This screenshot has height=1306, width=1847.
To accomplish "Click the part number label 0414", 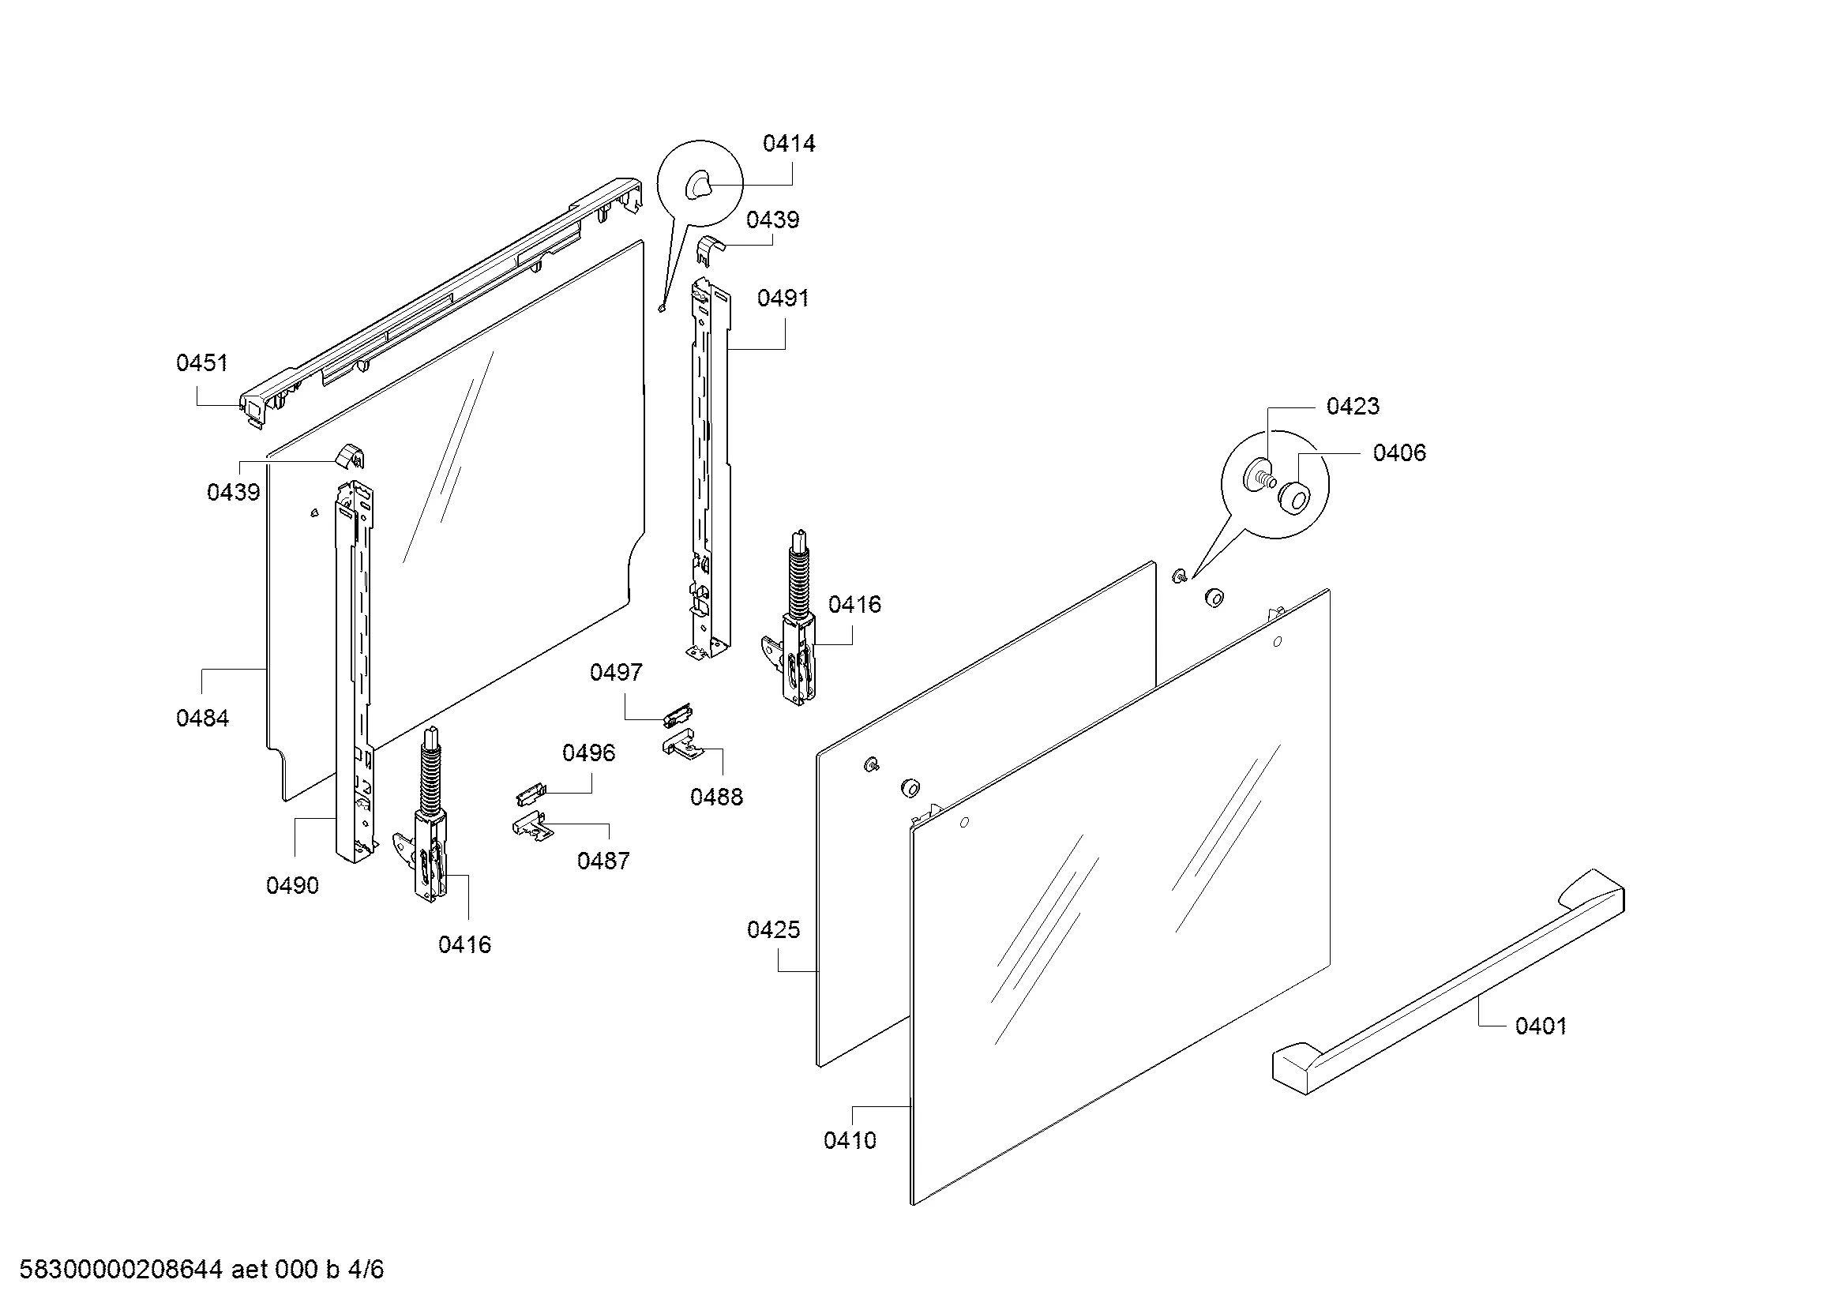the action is point(788,144).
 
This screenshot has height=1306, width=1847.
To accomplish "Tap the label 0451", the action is point(202,363).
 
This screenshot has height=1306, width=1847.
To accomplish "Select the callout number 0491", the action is point(783,298).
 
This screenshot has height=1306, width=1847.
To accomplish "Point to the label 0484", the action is point(203,718).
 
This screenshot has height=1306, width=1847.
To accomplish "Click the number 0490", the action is point(293,885).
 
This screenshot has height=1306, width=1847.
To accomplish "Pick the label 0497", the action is point(616,672).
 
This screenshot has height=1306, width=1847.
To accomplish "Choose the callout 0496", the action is point(589,752).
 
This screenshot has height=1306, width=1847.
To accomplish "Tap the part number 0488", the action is point(717,797).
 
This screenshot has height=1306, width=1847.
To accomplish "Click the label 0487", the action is point(603,861).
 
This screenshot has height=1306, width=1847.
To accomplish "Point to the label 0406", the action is point(1400,452).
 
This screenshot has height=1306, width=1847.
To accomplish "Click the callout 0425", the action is point(774,929).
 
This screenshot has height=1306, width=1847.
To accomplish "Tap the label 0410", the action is point(850,1140).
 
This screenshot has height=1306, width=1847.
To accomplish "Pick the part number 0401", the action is point(1541,1026).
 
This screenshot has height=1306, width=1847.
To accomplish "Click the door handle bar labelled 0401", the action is point(1448,982).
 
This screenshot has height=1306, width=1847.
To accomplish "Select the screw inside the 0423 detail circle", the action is point(1261,475).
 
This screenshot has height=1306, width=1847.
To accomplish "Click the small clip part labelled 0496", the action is point(530,794).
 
